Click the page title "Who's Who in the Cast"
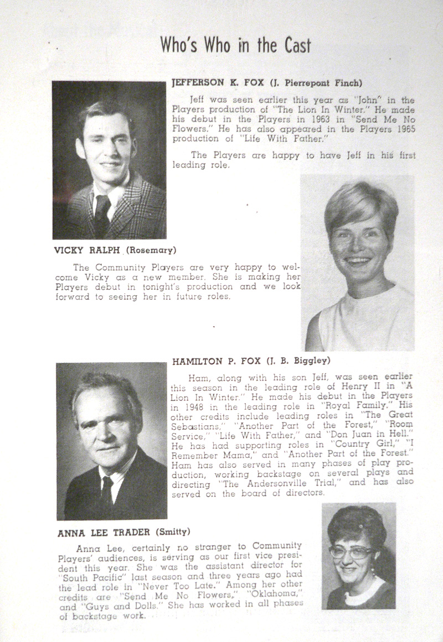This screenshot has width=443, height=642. pos(235,44)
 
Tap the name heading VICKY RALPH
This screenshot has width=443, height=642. pos(86,249)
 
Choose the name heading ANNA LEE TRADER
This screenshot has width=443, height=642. pos(104,533)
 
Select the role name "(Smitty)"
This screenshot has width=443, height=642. pos(173,533)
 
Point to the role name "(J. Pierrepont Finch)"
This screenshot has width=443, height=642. pos(316,83)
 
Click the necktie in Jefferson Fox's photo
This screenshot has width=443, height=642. pos(101,213)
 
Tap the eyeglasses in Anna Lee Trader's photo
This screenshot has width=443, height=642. pos(351,552)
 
